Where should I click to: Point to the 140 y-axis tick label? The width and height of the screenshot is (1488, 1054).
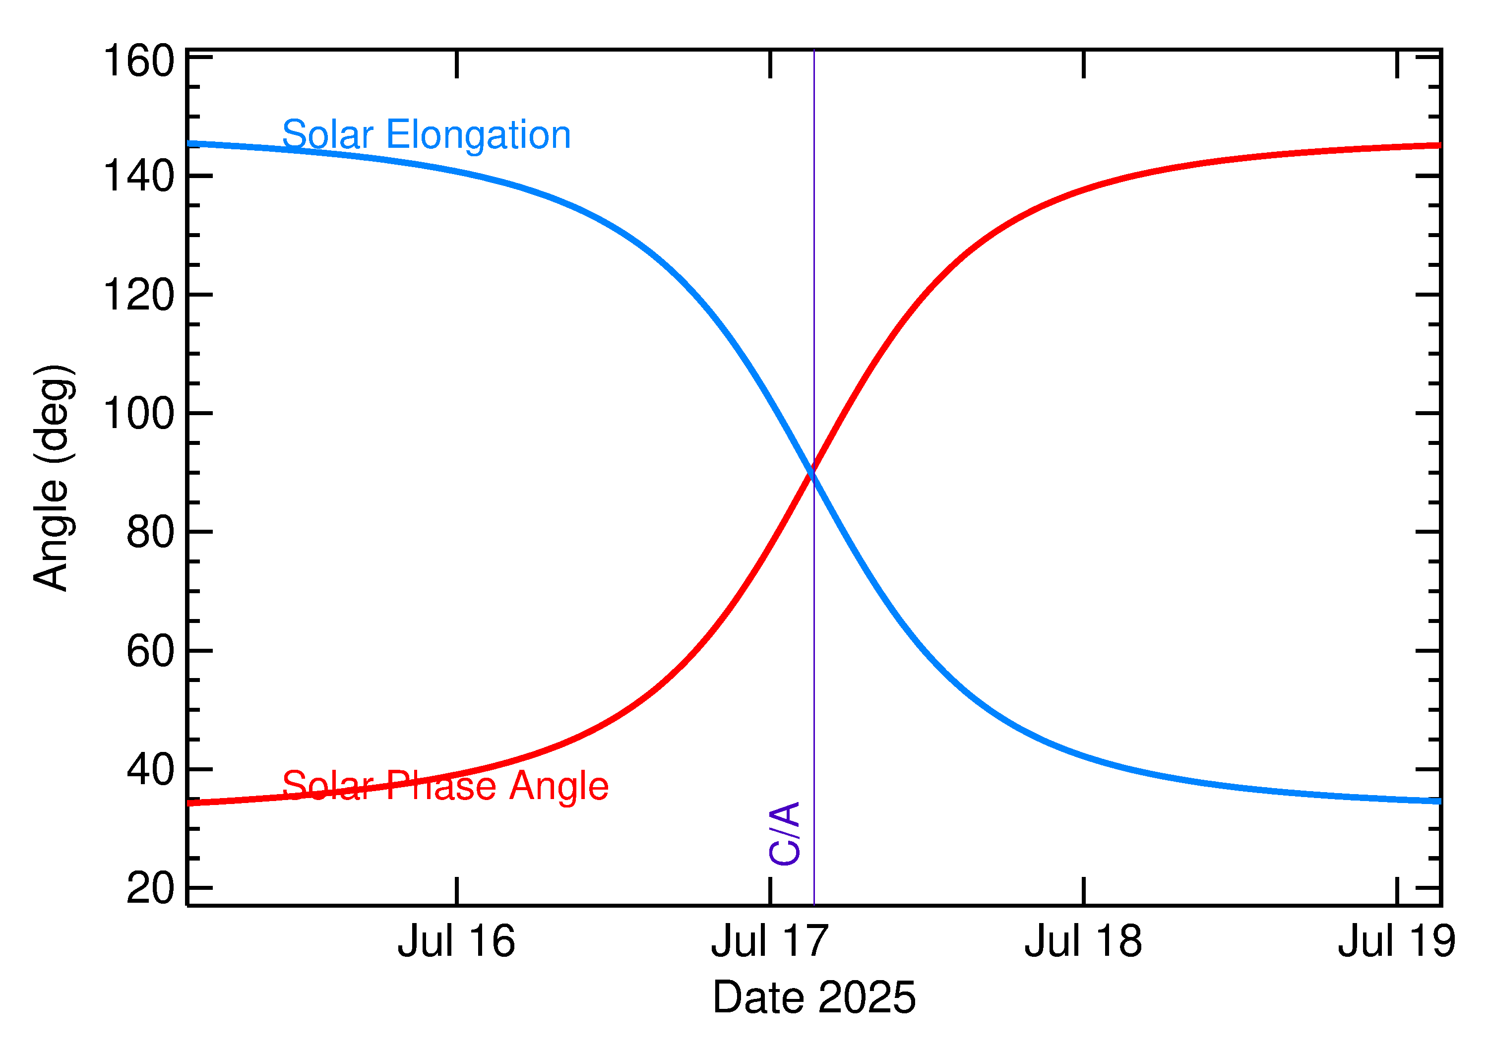[x=139, y=176]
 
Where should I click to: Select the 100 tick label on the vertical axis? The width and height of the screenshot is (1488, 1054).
[x=139, y=414]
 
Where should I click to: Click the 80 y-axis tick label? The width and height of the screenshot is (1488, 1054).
[x=151, y=532]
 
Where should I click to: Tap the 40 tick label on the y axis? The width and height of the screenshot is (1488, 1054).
[x=151, y=770]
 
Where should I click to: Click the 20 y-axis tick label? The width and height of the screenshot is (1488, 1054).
[x=151, y=888]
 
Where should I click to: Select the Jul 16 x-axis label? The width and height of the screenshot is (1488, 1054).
[x=456, y=942]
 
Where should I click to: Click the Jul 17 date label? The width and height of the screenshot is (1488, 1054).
[x=770, y=942]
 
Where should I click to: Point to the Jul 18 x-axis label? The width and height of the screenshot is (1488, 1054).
[x=1083, y=942]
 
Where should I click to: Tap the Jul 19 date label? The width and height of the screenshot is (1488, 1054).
[x=1397, y=942]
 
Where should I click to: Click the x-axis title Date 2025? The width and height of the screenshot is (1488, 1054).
[x=814, y=997]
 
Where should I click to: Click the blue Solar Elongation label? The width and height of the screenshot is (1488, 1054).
[x=426, y=135]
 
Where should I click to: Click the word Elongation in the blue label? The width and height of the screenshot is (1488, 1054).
[x=478, y=135]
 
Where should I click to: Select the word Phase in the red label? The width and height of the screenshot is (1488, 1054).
[x=441, y=786]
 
